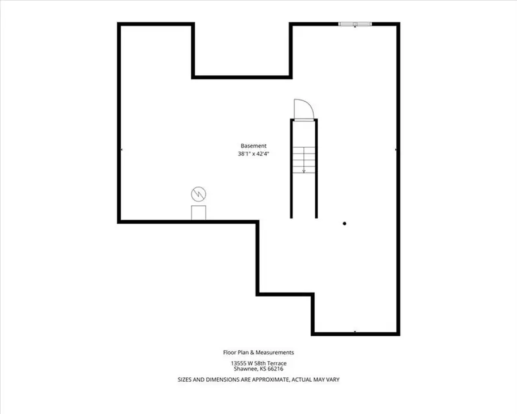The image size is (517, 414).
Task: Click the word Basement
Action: [x=253, y=145]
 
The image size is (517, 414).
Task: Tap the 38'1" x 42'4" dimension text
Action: [x=253, y=154]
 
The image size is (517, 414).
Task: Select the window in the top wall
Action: [x=355, y=24]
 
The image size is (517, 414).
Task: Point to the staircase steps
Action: [x=304, y=160]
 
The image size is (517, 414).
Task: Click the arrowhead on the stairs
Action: [x=304, y=171]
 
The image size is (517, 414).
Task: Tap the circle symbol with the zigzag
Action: [x=199, y=194]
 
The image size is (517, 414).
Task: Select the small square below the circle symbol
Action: [x=199, y=213]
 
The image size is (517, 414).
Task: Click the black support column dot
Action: [x=345, y=224]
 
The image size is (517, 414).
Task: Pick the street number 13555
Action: [x=238, y=363]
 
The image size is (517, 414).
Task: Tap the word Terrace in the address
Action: [x=277, y=363]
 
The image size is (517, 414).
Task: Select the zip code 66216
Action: [x=276, y=369]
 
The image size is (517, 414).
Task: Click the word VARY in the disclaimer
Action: [x=333, y=379]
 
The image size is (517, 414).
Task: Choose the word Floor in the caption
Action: [x=229, y=352]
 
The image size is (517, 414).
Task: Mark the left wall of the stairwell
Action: [x=291, y=168]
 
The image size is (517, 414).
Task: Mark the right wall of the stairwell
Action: [x=316, y=168]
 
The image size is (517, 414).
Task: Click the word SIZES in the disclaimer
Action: [x=184, y=379]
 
